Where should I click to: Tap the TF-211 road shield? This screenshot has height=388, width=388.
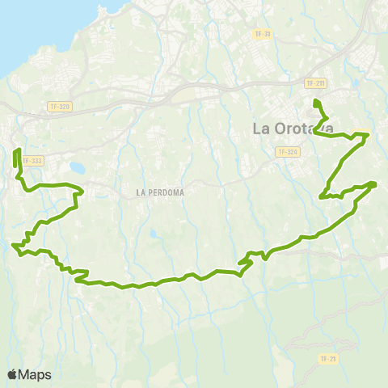[315, 83]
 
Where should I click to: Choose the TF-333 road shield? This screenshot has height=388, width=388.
[34, 161]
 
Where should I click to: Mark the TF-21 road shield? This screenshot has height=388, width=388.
[327, 358]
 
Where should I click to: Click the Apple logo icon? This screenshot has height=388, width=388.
[13, 374]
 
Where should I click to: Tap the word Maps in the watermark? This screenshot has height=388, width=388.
[36, 374]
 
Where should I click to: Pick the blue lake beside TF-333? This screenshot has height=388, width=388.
[78, 168]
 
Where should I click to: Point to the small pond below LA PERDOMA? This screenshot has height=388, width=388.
[154, 234]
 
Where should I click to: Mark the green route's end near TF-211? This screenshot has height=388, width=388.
[316, 101]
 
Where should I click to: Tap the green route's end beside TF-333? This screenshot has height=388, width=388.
[17, 150]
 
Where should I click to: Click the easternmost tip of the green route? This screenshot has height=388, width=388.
[376, 183]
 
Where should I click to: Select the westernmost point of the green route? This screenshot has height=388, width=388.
[13, 245]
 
